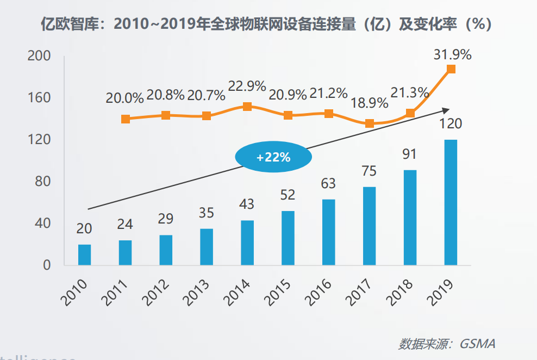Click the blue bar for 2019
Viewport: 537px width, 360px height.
(451, 202)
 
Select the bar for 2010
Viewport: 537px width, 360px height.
(84, 255)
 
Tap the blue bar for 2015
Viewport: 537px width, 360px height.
(288, 238)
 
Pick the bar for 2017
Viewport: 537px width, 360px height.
(369, 226)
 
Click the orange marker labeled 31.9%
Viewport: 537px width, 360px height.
(451, 69)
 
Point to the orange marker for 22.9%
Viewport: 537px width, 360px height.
(247, 107)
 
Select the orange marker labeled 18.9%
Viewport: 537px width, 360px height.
(369, 123)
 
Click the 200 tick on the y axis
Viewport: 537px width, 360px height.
(39, 56)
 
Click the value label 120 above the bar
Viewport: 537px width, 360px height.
(451, 124)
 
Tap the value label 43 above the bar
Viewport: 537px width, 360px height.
(247, 204)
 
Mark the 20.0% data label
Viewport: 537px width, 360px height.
(124, 98)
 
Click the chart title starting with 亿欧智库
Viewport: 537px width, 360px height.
(267, 24)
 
